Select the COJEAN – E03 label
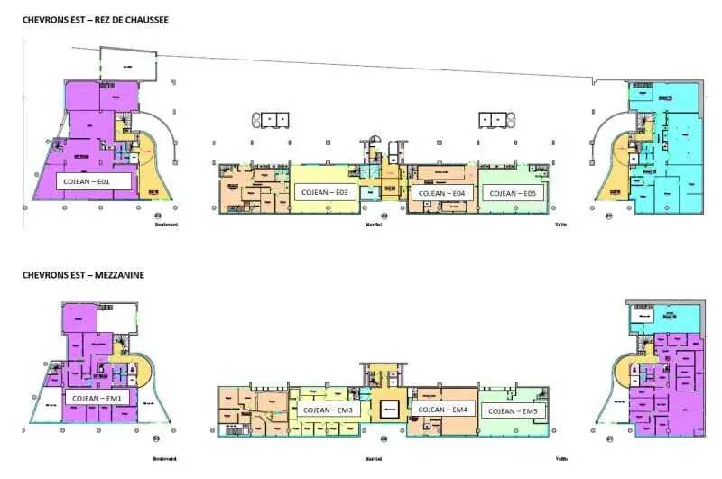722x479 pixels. [x=324, y=193]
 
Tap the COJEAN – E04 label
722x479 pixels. [x=442, y=193]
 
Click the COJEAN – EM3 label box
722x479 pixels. [x=329, y=410]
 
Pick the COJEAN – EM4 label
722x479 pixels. [x=442, y=410]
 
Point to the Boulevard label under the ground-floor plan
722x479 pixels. [x=164, y=226]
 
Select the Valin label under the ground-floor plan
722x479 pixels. [x=561, y=226]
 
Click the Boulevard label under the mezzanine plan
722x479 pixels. [x=163, y=458]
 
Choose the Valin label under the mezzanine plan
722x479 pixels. [x=561, y=458]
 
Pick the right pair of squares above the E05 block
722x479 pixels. [x=495, y=119]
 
